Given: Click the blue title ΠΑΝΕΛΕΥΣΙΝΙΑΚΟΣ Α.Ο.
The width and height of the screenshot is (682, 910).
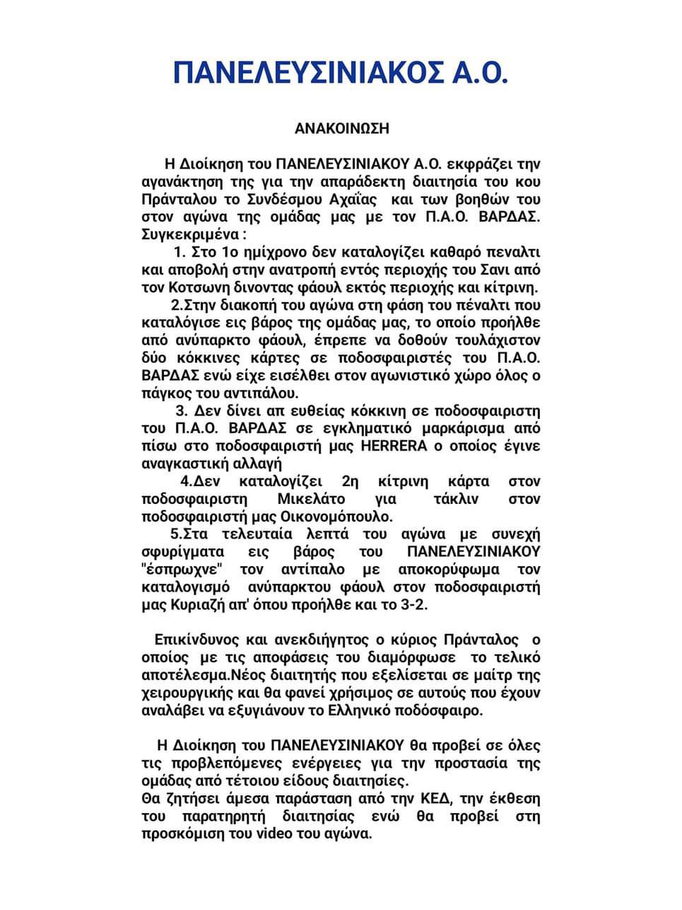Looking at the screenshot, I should pos(341,73).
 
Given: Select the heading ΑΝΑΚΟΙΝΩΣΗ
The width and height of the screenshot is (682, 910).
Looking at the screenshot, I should pos(341,129).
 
